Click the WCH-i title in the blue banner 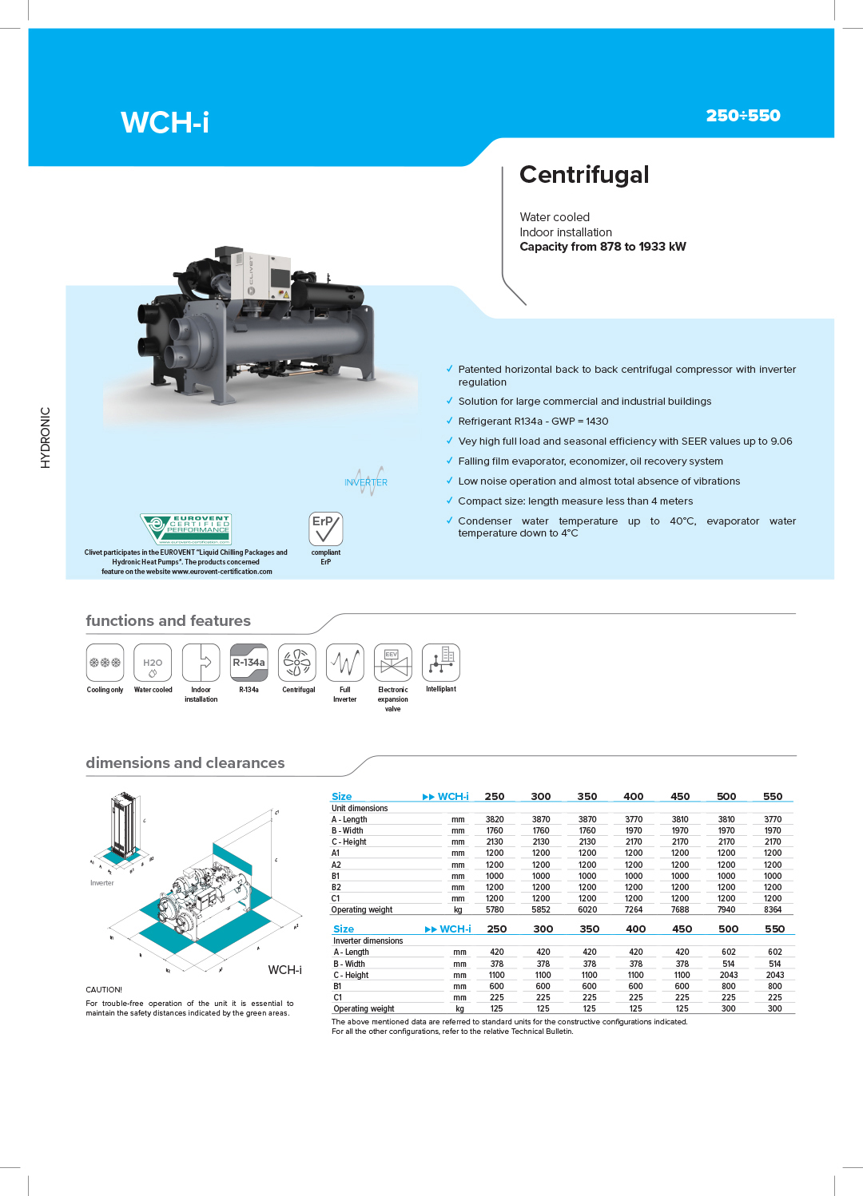(165, 122)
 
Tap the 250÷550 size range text (743, 115)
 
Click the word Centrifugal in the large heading (584, 175)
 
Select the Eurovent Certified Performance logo (185, 529)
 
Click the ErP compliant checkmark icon (325, 529)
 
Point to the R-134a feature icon (249, 663)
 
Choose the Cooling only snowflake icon (105, 663)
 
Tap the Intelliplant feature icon (441, 663)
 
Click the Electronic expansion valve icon (393, 663)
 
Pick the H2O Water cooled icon (153, 663)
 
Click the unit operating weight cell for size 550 (773, 909)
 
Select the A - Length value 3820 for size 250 (495, 819)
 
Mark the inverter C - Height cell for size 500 (728, 974)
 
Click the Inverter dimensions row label (368, 941)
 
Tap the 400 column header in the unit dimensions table (633, 796)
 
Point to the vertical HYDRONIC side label (46, 438)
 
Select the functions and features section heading (168, 620)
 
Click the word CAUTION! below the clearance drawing (104, 989)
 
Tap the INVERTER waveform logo (366, 481)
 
